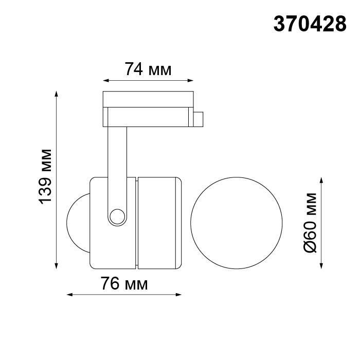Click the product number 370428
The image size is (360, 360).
[310, 24]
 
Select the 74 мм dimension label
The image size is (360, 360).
[148, 69]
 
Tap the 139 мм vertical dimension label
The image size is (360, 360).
[46, 176]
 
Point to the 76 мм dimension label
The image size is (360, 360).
[124, 283]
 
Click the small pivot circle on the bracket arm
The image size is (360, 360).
[117, 215]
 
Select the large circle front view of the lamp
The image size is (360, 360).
[236, 223]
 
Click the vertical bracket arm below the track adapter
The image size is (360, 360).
[117, 159]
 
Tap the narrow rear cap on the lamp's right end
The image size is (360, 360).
[180, 222]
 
